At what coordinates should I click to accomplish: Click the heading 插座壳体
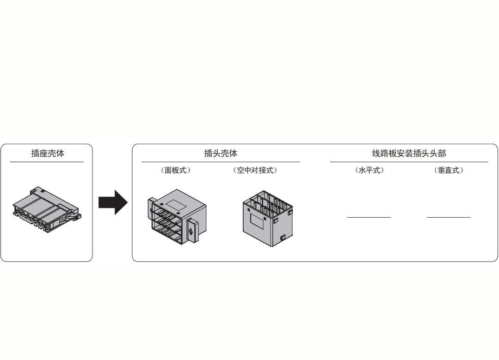tap(48, 153)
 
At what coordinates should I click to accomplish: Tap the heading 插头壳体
tap(221, 153)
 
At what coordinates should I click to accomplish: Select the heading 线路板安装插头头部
tap(409, 153)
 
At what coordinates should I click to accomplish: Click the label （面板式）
tap(176, 170)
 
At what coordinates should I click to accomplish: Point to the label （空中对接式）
tap(255, 170)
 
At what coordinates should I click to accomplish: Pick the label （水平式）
tap(369, 170)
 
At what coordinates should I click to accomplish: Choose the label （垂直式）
tap(449, 170)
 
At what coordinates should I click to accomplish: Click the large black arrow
tap(113, 202)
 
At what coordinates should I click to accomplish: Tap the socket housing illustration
tap(47, 209)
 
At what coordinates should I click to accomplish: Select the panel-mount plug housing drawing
tap(177, 217)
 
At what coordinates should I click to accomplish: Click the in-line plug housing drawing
tap(268, 219)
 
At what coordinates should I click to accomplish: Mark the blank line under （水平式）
tap(369, 217)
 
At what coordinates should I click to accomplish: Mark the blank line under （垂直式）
tap(449, 217)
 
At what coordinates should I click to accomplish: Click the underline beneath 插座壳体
tap(46, 162)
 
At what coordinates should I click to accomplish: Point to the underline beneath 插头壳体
tap(221, 162)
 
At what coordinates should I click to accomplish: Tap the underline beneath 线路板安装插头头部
tap(409, 162)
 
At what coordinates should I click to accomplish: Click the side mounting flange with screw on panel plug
tap(192, 230)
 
